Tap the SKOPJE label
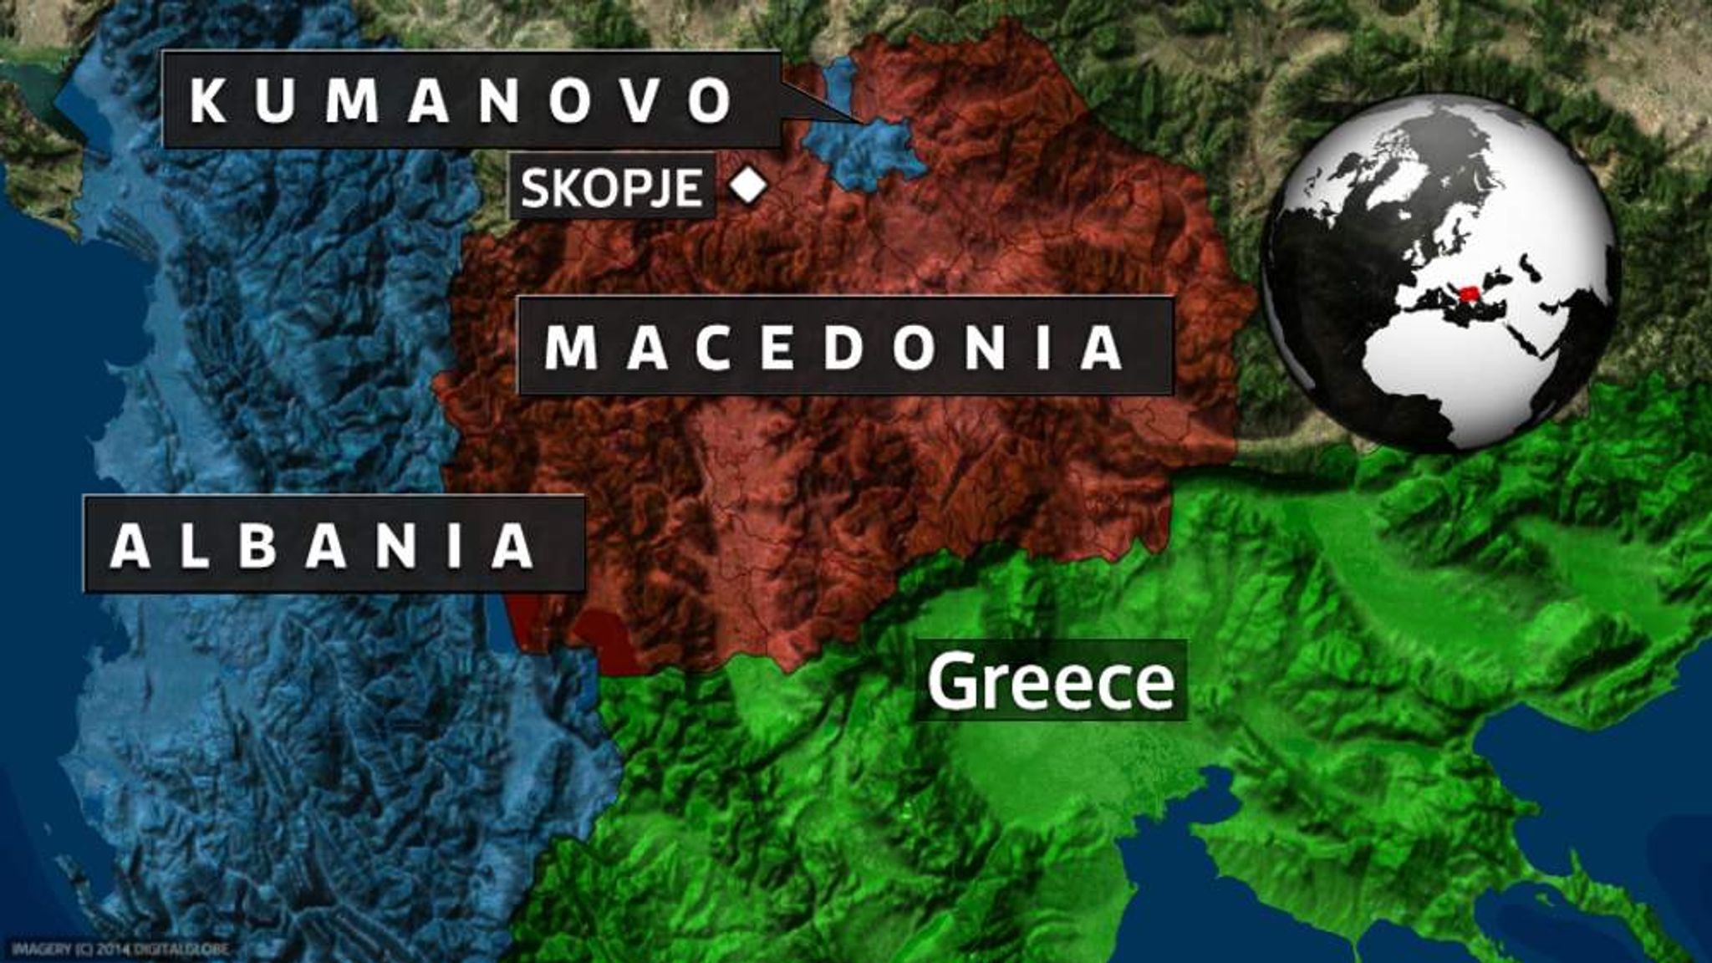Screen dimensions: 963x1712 pyautogui.click(x=611, y=187)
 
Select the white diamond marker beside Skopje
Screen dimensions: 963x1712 pyautogui.click(x=748, y=186)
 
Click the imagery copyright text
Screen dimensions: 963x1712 pyautogui.click(x=119, y=949)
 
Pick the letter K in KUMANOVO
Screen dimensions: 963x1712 pyautogui.click(x=208, y=101)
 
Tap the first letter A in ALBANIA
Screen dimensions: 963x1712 pyautogui.click(x=130, y=546)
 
